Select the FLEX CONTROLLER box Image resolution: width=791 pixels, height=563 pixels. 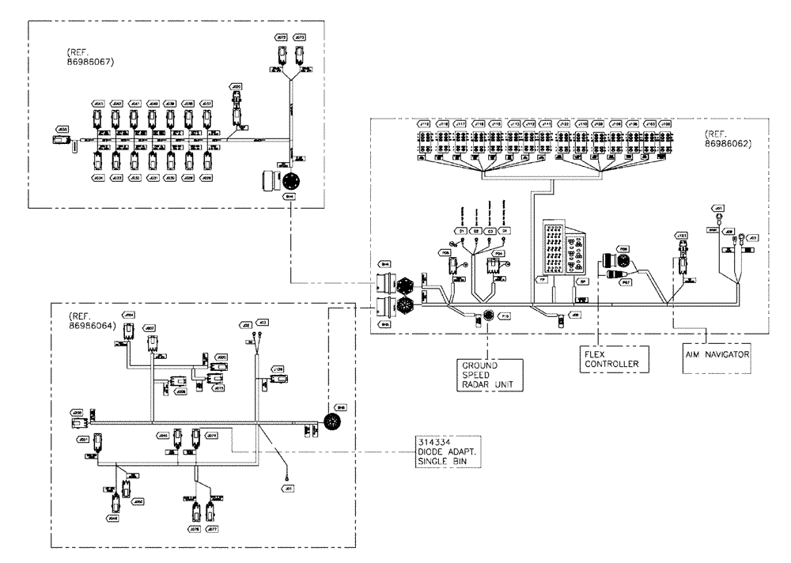[609, 360]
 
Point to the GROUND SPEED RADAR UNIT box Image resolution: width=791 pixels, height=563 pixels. [488, 375]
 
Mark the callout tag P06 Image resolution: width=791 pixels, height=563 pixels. [623, 247]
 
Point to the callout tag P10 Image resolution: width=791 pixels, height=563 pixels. [504, 315]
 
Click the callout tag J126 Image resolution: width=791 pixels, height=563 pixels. [277, 368]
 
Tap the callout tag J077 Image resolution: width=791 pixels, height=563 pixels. [210, 527]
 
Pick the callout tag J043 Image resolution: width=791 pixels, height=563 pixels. [98, 104]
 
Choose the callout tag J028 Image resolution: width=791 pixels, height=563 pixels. [207, 179]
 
